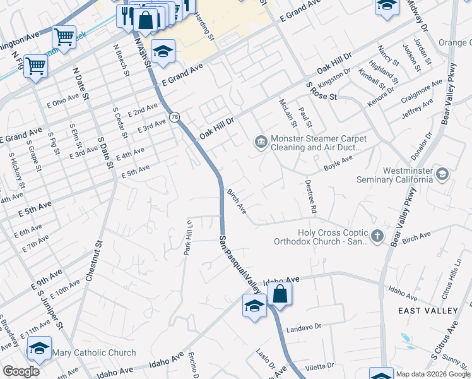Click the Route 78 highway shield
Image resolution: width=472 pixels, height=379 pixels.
coord(175,117)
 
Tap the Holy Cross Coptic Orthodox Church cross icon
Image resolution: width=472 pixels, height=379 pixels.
coord(377,236)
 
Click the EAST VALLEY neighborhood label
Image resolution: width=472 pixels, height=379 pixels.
coord(428,311)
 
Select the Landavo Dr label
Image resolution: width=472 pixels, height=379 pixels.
coord(304,327)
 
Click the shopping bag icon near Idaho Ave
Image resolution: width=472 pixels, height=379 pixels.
coord(280,294)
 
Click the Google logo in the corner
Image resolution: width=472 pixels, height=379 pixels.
coord(21,371)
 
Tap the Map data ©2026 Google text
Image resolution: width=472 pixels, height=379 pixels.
coord(432,375)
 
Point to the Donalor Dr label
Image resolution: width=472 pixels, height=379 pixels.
coord(421,146)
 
